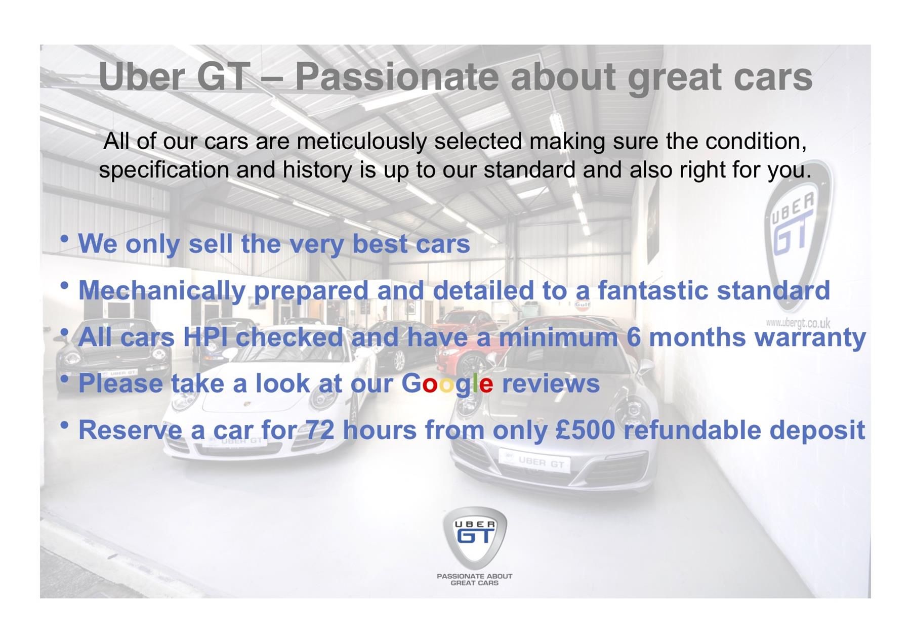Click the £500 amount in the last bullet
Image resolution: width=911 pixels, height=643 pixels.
click(585, 430)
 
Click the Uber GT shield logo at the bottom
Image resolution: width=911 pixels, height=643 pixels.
click(475, 538)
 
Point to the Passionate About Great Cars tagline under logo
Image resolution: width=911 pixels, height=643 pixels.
click(475, 579)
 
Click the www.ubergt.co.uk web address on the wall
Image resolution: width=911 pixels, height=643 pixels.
click(798, 323)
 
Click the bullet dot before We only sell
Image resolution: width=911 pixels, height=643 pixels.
click(64, 239)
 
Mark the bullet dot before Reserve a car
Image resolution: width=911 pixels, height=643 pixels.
click(64, 425)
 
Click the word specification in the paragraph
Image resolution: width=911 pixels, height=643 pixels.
click(164, 170)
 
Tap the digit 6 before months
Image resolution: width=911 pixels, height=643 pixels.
click(634, 337)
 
